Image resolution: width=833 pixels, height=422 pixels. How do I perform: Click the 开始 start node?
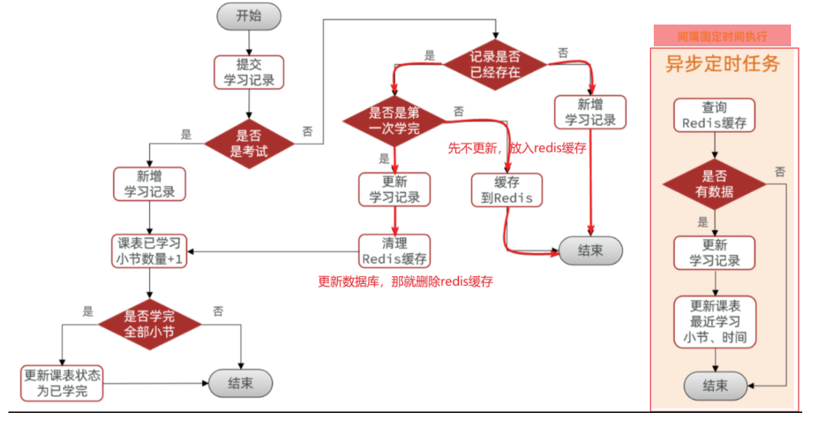[x=248, y=16]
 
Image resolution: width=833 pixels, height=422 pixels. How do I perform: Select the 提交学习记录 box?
[x=248, y=72]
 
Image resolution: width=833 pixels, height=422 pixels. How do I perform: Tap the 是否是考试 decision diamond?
[x=248, y=144]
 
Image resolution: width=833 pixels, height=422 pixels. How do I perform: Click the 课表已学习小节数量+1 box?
[x=149, y=251]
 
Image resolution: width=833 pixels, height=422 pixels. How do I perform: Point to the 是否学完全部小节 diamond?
[x=149, y=323]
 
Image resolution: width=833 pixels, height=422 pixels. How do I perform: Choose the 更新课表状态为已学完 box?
[x=62, y=383]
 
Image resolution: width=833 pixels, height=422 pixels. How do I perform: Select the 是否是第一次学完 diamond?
[x=394, y=121]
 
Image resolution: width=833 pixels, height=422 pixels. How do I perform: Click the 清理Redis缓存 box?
[x=394, y=251]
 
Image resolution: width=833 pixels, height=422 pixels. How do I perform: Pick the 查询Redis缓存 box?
[x=715, y=116]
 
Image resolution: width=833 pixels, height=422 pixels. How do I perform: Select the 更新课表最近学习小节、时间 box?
[x=715, y=321]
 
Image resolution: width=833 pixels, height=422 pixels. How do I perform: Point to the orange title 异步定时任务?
[x=722, y=64]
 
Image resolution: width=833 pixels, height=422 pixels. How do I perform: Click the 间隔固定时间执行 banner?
[x=722, y=36]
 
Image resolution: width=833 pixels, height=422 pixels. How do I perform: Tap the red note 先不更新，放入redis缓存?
[x=517, y=149]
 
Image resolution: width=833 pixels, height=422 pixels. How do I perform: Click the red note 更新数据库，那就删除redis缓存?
[x=405, y=282]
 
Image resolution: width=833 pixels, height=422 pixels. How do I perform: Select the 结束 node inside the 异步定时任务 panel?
[x=715, y=385]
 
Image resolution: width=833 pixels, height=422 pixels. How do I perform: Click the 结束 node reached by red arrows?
[x=590, y=250]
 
